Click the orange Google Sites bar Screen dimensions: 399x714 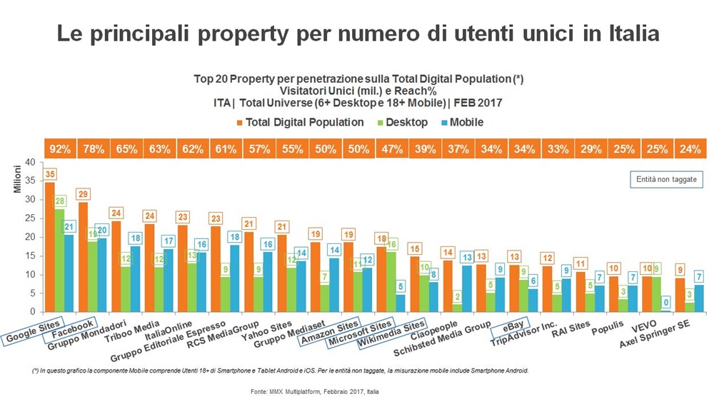click(x=49, y=247)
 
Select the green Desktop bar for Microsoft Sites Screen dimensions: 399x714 click(x=391, y=282)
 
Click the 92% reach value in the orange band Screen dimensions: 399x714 click(x=60, y=149)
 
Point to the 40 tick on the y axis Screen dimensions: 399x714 click(x=30, y=162)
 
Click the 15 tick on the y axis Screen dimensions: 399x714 click(x=30, y=256)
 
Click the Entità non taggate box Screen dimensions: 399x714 click(x=666, y=179)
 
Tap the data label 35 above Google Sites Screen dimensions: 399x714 click(x=50, y=174)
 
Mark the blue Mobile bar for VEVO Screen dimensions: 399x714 click(x=665, y=310)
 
